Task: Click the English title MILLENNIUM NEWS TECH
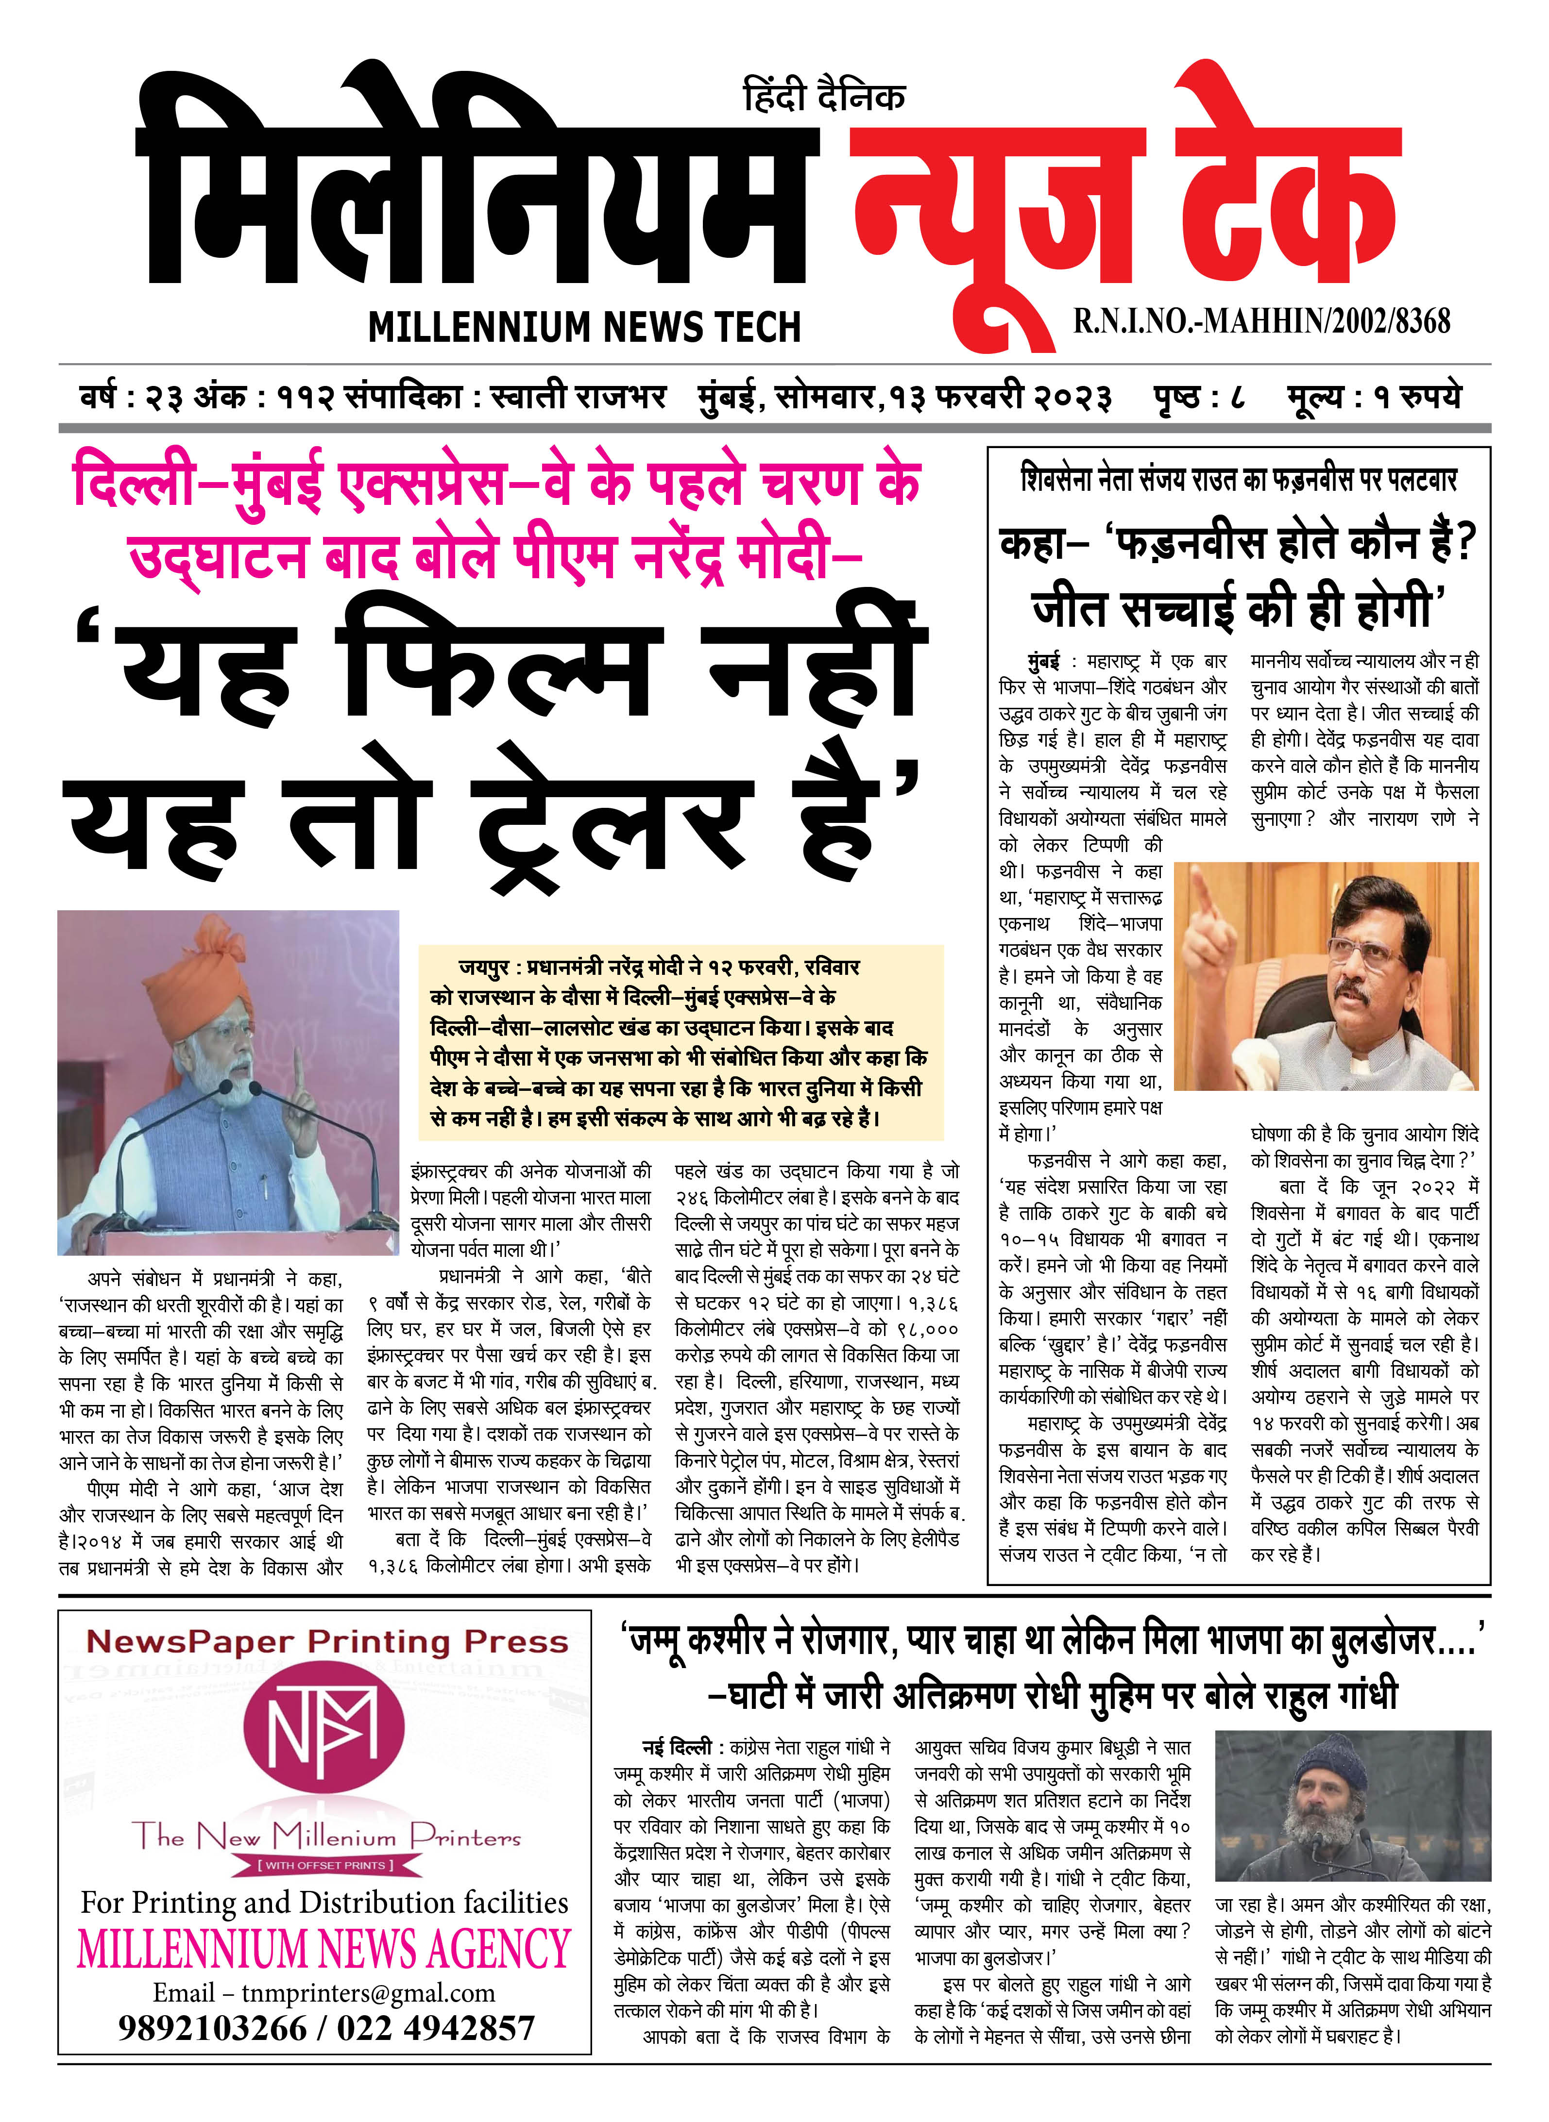tap(584, 327)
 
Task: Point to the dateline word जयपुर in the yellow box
tap(484, 967)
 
